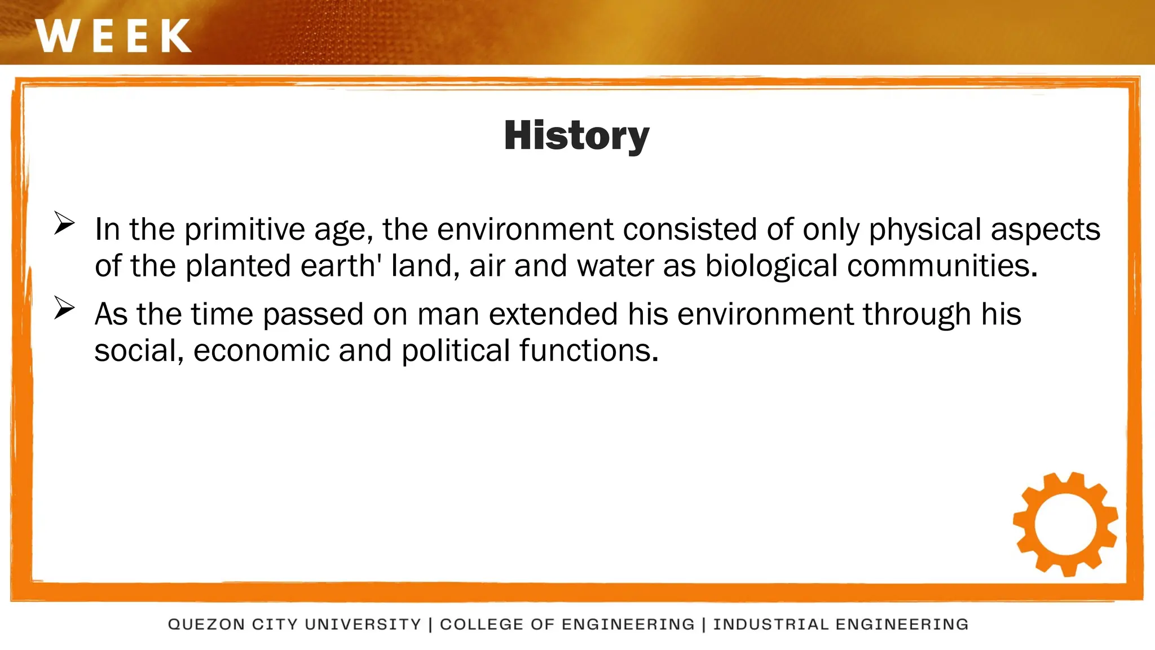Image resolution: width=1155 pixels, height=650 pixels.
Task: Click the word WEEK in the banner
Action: click(113, 36)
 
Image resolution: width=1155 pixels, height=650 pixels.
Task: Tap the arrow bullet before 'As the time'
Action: click(64, 308)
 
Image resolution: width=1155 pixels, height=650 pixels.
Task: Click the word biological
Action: click(771, 266)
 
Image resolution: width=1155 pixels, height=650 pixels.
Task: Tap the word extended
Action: click(553, 314)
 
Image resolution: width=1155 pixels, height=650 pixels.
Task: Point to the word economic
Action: click(261, 351)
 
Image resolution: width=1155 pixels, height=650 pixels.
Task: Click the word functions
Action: click(589, 351)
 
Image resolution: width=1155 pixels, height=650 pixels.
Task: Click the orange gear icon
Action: click(1065, 524)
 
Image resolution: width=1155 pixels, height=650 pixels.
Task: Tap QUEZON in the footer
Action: click(206, 625)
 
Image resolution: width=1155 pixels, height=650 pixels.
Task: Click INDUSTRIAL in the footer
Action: click(770, 625)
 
